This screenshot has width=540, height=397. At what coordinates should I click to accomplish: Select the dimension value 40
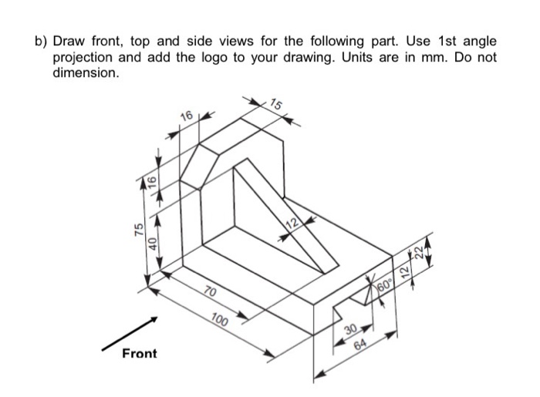tap(154, 244)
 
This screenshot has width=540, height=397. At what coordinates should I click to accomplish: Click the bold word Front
tap(139, 354)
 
